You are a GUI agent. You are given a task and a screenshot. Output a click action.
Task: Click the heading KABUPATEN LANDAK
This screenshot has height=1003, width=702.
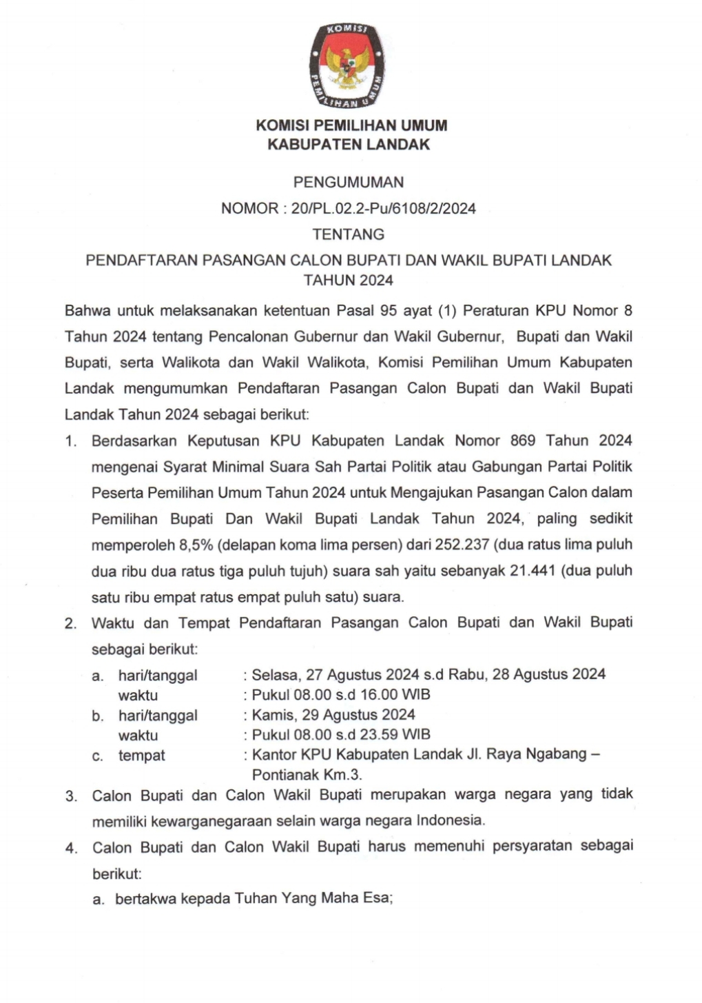click(349, 144)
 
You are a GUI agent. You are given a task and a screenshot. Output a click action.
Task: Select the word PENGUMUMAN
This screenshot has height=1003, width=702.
click(349, 183)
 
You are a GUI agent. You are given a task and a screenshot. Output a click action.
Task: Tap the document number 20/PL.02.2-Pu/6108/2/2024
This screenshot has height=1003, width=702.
click(384, 208)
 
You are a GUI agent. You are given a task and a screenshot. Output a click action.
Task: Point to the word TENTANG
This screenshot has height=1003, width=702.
click(349, 234)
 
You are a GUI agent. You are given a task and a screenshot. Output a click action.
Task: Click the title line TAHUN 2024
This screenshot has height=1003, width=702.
click(349, 280)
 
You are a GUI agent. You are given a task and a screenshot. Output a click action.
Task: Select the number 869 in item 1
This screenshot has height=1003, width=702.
click(522, 440)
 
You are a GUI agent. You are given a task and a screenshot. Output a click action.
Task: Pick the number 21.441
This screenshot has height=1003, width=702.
click(533, 571)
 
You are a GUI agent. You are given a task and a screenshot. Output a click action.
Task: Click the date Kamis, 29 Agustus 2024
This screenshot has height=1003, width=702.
click(333, 715)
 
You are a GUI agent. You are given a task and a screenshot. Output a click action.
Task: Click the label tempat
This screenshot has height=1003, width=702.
click(141, 756)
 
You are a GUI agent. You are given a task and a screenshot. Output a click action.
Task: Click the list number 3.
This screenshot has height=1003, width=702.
click(71, 796)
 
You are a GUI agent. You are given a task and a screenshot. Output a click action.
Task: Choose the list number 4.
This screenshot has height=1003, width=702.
click(71, 848)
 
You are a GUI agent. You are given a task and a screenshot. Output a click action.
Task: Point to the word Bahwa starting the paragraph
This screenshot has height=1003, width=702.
click(87, 311)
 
